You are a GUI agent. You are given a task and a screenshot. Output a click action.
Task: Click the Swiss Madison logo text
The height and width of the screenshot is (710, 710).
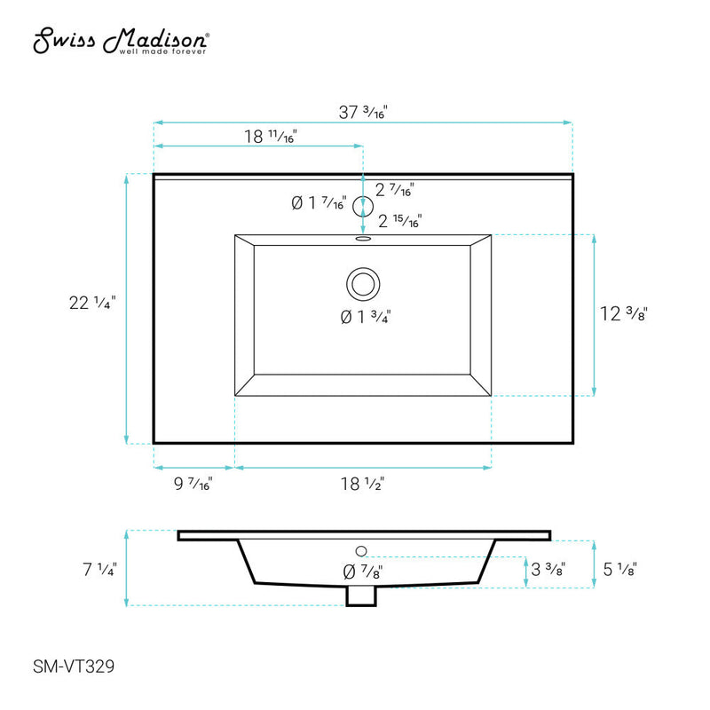(x=122, y=41)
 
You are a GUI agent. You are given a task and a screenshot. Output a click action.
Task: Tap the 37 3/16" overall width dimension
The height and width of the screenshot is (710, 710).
(x=363, y=112)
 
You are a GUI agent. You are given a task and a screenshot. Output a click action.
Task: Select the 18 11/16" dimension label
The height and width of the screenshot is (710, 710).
(x=270, y=137)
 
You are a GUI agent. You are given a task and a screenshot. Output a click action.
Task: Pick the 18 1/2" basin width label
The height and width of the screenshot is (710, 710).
(x=362, y=484)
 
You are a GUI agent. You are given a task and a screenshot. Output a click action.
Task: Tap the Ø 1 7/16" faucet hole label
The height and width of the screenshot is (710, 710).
(x=318, y=204)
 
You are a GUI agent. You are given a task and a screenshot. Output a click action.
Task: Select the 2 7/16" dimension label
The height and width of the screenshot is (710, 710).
(x=396, y=189)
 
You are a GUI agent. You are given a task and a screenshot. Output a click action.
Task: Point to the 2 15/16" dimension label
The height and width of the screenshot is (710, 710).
(x=400, y=221)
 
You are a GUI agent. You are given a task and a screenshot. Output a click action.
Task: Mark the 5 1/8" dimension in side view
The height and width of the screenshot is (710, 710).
(x=618, y=569)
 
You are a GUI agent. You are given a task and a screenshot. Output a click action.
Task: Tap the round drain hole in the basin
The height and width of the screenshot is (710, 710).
(x=362, y=284)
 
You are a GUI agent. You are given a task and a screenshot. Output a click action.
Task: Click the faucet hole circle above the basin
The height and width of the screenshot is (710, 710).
(x=362, y=207)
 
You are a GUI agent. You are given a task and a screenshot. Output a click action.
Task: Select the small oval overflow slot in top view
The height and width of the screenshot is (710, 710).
(x=362, y=238)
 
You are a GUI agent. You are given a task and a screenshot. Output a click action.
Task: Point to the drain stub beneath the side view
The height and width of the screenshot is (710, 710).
(x=360, y=596)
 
